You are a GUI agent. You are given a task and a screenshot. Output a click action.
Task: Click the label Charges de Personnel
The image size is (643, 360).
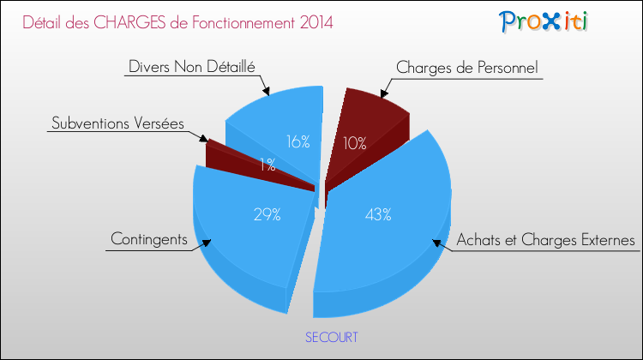point(466,68)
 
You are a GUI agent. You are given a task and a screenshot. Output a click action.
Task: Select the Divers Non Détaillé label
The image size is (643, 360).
point(192,66)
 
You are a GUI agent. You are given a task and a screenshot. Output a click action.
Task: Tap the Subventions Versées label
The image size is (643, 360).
point(117,123)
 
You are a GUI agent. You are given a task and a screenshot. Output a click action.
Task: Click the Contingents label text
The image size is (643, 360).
point(149,239)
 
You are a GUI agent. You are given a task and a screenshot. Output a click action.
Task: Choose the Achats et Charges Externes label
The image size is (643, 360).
point(546,240)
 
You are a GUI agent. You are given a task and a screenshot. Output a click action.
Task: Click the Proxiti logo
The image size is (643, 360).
point(544,21)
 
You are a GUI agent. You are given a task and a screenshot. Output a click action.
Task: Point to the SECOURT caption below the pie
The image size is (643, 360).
point(331,337)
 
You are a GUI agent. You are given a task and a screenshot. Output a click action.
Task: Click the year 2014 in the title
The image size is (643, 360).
point(316,22)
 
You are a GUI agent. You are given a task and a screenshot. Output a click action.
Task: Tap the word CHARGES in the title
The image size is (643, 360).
point(129,22)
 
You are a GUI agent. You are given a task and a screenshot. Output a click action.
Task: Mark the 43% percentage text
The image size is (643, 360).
point(378,214)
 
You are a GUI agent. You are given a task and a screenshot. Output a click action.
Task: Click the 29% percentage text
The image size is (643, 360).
point(267,214)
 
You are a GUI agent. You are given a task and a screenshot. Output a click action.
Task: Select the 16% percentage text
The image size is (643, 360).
point(298,142)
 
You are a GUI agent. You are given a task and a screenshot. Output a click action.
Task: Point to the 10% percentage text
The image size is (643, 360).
point(355,143)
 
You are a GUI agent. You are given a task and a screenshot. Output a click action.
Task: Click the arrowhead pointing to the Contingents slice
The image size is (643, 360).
point(207,243)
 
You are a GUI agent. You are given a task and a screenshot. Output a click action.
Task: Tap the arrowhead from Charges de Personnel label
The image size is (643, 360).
point(384,94)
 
